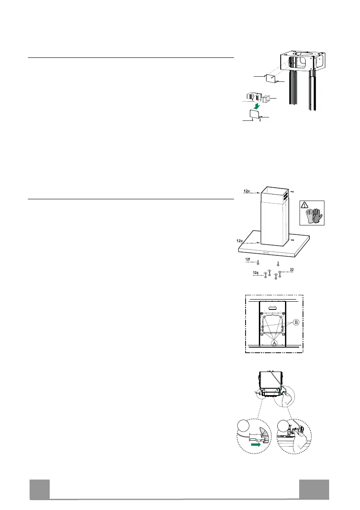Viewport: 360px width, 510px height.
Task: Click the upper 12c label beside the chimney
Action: click(x=246, y=190)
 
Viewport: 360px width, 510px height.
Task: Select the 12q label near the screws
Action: click(x=255, y=273)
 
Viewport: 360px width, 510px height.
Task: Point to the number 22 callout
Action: click(x=291, y=269)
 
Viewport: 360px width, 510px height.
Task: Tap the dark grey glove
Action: click(x=316, y=216)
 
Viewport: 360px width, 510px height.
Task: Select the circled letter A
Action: click(x=273, y=343)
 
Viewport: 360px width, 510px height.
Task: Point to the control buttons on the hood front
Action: click(x=263, y=252)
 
